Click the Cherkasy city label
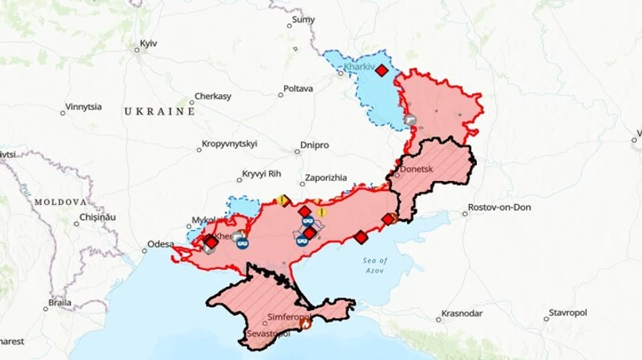pyautogui.click(x=212, y=97)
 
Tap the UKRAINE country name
pyautogui.click(x=158, y=111)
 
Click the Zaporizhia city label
pyautogui.click(x=332, y=177)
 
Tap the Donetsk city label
pyautogui.click(x=417, y=168)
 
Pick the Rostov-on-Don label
pyautogui.click(x=499, y=207)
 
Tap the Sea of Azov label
pyautogui.click(x=376, y=265)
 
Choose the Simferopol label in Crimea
pyautogui.click(x=289, y=317)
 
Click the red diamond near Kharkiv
pyautogui.click(x=381, y=71)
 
